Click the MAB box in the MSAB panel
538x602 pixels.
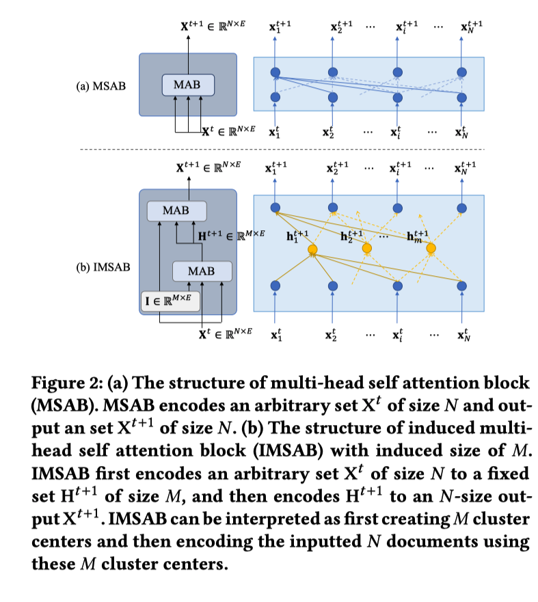[x=188, y=85]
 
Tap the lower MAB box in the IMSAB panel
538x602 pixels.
[x=201, y=271]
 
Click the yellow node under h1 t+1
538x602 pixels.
[x=313, y=249]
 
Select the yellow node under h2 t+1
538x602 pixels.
[x=366, y=247]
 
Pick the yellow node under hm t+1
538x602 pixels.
[x=431, y=248]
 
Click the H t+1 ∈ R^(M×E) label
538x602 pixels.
[x=230, y=236]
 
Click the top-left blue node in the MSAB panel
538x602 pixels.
[x=275, y=72]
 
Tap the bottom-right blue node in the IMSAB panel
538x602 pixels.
[x=463, y=285]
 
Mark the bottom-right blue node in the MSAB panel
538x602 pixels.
[x=463, y=98]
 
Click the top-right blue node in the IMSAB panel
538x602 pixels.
[x=463, y=208]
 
